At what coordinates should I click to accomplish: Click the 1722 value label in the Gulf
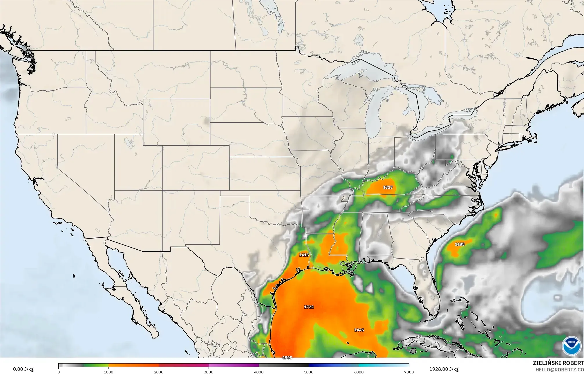pyautogui.click(x=309, y=307)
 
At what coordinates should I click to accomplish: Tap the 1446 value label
pyautogui.click(x=359, y=330)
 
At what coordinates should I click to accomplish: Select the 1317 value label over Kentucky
pyautogui.click(x=388, y=187)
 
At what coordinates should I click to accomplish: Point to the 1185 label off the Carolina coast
pyautogui.click(x=460, y=244)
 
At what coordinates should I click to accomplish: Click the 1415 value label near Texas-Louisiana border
pyautogui.click(x=304, y=255)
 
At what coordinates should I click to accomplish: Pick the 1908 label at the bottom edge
pyautogui.click(x=287, y=357)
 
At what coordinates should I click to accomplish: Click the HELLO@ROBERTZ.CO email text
pyautogui.click(x=559, y=369)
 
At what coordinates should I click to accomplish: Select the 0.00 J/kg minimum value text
pyautogui.click(x=23, y=369)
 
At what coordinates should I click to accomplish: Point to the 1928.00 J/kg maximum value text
pyautogui.click(x=444, y=369)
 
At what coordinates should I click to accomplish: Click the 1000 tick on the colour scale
pyautogui.click(x=109, y=372)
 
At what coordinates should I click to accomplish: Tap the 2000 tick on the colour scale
pyautogui.click(x=159, y=372)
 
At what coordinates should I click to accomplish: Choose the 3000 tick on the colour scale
pyautogui.click(x=209, y=372)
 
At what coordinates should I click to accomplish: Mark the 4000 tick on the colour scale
pyautogui.click(x=259, y=372)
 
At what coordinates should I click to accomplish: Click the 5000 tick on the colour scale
pyautogui.click(x=309, y=372)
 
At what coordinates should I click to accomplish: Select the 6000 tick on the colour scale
pyautogui.click(x=359, y=372)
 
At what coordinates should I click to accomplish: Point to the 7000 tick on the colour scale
pyautogui.click(x=409, y=372)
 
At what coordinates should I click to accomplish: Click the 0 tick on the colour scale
pyautogui.click(x=59, y=372)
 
